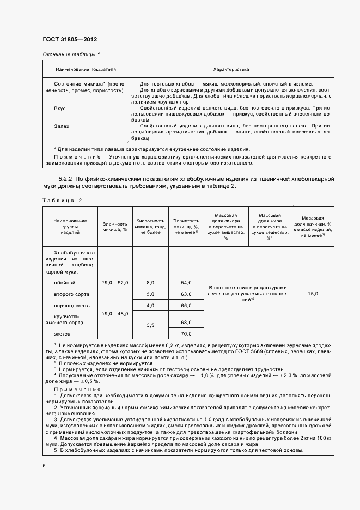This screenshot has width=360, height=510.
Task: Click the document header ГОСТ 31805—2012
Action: [69, 39]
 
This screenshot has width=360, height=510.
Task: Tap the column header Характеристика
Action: [231, 70]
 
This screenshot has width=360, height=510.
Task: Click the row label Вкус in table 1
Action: [60, 108]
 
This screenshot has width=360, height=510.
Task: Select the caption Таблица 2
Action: [62, 200]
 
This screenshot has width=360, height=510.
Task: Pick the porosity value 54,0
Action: [186, 283]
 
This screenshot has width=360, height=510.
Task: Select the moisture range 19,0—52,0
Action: [114, 283]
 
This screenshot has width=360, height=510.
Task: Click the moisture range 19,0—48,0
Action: [114, 314]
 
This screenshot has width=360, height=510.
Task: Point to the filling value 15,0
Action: [313, 294]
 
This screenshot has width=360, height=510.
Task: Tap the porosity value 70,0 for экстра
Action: [186, 333]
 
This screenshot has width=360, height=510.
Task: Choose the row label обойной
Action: [65, 283]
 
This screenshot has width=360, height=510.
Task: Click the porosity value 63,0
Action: [186, 294]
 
